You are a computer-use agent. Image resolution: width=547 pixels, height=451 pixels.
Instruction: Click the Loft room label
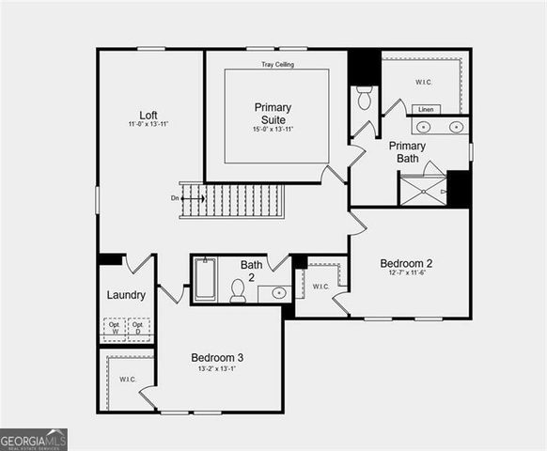click(x=148, y=116)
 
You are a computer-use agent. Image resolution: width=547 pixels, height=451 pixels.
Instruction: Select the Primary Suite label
click(x=273, y=113)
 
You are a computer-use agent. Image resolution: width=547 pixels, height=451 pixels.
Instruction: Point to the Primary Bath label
click(x=407, y=151)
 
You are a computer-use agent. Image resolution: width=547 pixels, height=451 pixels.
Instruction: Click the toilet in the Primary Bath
click(x=365, y=97)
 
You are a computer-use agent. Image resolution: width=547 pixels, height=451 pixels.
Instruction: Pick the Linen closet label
click(x=426, y=109)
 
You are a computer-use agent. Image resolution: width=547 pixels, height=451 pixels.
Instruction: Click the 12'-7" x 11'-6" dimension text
click(x=406, y=273)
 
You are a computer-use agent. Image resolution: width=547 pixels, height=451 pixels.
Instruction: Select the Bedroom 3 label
click(x=217, y=357)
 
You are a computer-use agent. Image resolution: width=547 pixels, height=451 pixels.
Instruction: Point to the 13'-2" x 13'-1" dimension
click(x=217, y=369)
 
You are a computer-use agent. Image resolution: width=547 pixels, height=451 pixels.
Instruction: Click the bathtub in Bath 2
click(x=206, y=279)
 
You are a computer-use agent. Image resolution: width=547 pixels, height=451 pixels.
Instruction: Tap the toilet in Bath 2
click(x=239, y=291)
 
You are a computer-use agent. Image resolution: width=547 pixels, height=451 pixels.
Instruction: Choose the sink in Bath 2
click(x=278, y=293)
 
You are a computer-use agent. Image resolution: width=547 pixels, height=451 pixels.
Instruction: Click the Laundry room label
click(x=126, y=295)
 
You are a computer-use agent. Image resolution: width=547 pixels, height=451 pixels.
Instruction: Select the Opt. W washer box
click(x=114, y=328)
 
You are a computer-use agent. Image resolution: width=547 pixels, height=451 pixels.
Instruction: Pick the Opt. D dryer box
click(x=138, y=328)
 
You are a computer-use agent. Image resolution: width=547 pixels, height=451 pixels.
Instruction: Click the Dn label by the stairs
click(x=175, y=198)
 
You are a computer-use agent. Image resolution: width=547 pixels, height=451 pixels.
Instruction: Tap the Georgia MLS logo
click(x=34, y=440)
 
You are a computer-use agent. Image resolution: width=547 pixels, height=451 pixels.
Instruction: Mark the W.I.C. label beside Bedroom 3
click(x=128, y=380)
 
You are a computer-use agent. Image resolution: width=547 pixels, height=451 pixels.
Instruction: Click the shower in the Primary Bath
click(x=423, y=190)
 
